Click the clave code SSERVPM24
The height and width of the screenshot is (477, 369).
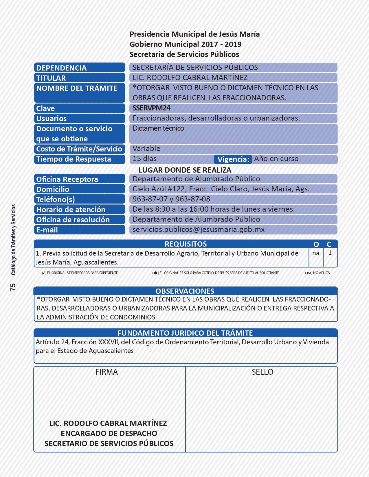(151, 108)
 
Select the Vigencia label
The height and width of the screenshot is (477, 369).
(233, 159)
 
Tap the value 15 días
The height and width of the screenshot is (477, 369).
(144, 159)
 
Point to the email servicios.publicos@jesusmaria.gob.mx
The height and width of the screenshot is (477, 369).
(199, 230)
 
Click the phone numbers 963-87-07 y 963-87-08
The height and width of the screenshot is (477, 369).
(171, 199)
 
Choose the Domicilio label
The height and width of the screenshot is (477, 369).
(53, 189)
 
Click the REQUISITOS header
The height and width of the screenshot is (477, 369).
(186, 244)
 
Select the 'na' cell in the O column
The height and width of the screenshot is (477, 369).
(316, 253)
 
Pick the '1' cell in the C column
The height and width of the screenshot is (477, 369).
(330, 253)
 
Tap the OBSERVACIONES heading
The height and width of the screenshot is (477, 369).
(185, 291)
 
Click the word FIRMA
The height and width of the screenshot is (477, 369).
(107, 372)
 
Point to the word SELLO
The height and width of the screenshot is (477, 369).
(262, 372)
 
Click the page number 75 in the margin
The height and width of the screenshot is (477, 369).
(13, 287)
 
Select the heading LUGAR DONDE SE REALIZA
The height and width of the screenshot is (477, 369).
(185, 170)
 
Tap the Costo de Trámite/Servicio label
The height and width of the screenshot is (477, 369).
(79, 149)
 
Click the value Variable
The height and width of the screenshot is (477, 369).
(146, 149)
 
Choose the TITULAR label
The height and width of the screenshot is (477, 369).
(51, 78)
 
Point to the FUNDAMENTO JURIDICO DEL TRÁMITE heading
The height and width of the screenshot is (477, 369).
(185, 333)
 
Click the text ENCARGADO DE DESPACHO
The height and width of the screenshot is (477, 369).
(109, 433)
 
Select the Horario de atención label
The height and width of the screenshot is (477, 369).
(71, 210)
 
